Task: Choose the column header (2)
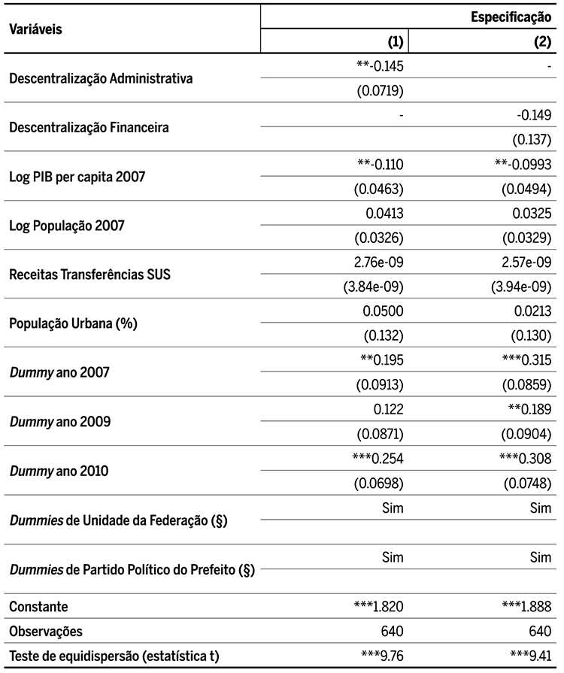(x=542, y=42)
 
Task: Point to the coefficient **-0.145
(x=380, y=66)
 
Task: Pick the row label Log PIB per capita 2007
(x=77, y=177)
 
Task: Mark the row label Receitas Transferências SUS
(x=89, y=274)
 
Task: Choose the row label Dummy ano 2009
(x=60, y=422)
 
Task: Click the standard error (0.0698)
(x=380, y=483)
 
